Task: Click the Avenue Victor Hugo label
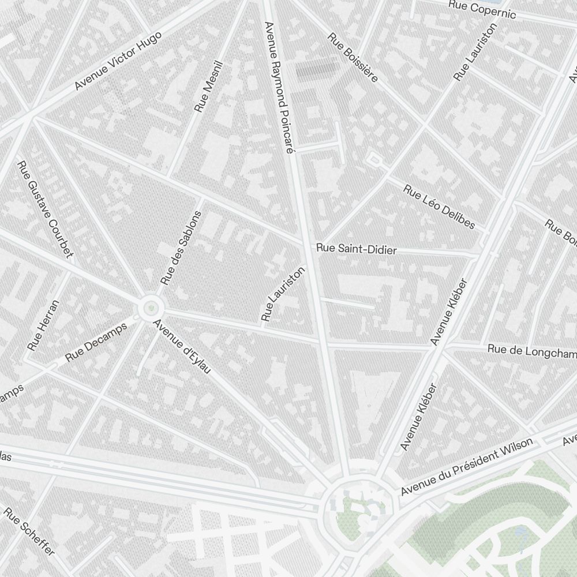click(118, 61)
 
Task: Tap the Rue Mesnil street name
click(208, 87)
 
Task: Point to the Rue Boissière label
click(353, 57)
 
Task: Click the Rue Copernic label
click(482, 9)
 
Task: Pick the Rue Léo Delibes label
click(439, 207)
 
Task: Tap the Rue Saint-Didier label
click(356, 249)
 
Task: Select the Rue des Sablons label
click(181, 248)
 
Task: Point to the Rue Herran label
click(43, 325)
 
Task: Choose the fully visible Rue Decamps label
click(96, 342)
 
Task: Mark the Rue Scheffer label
click(29, 531)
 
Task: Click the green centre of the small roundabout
click(151, 309)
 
